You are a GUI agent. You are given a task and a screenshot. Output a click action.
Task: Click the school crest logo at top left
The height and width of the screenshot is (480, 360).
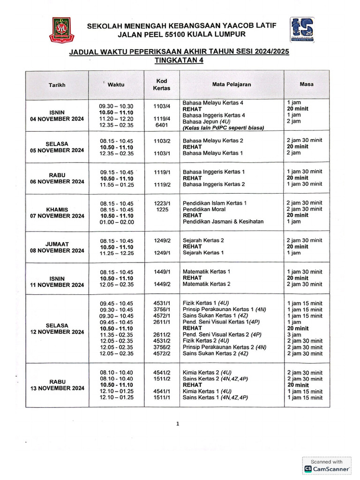point(60,30)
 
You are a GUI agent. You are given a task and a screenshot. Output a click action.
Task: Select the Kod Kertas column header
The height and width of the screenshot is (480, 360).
point(161,84)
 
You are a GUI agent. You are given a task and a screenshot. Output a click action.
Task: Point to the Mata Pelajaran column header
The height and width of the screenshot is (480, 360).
point(232,84)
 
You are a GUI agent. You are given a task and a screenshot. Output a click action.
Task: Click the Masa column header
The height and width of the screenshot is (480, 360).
point(307,84)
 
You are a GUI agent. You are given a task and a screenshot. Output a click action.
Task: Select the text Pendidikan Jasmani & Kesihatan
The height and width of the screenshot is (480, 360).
point(223,222)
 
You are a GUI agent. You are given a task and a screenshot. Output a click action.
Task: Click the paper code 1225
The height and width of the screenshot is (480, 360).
point(161,210)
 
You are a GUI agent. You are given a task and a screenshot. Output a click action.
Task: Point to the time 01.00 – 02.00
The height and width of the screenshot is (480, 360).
point(117,222)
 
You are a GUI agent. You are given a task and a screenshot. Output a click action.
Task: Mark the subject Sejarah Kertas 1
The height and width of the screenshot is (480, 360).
point(203,253)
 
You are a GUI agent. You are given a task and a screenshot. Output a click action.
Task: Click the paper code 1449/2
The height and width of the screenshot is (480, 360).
point(162,284)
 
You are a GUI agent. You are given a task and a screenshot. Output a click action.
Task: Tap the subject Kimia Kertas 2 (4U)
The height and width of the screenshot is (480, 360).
point(207,373)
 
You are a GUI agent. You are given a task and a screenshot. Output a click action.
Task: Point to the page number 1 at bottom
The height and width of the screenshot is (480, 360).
point(178,424)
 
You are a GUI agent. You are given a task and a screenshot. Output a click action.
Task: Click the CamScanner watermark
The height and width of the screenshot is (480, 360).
point(327,465)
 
